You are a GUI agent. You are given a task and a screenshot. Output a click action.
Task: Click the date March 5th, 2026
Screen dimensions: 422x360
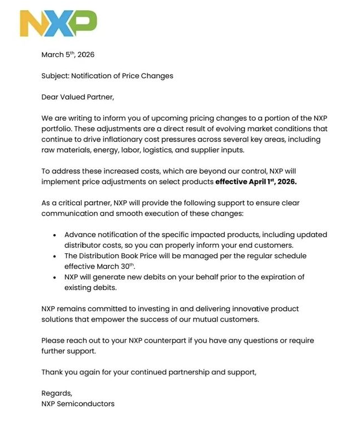point(69,55)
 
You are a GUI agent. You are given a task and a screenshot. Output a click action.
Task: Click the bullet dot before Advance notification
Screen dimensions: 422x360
point(54,235)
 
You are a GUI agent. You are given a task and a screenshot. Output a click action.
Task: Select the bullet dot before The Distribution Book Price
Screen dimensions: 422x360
point(54,256)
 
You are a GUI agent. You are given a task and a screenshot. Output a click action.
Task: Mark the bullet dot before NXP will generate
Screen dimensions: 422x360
point(54,277)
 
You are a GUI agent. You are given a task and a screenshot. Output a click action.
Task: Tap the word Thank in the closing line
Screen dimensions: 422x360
point(53,372)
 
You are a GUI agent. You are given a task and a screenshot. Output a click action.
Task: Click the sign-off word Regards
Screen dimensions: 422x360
point(56,393)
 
